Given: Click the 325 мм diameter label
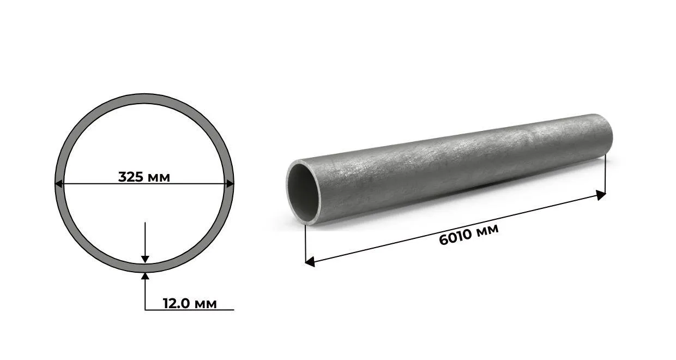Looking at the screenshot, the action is click(x=144, y=177).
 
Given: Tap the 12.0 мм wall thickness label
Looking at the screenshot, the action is click(x=190, y=303).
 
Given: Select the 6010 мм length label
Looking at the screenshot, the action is click(x=469, y=235).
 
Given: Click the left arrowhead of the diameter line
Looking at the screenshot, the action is click(x=59, y=183).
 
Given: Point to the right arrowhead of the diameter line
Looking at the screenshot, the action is click(x=230, y=183).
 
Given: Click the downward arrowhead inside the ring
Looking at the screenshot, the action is click(x=145, y=259).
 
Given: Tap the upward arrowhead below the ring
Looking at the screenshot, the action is click(x=145, y=277).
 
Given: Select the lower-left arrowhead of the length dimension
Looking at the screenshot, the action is click(x=310, y=262).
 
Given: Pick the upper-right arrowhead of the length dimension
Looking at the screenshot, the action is click(x=601, y=195).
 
